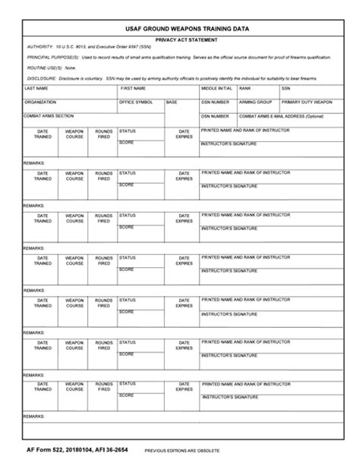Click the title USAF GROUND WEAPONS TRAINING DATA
point(180,29)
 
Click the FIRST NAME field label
point(134,88)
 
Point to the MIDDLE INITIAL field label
point(216,88)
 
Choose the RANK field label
point(245,88)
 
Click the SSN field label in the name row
point(286,88)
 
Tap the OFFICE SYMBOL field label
point(136,102)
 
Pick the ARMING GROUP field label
point(254,102)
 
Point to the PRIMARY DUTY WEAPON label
point(307,102)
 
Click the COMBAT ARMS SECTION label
point(49,115)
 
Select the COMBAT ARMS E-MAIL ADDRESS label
point(281,116)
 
